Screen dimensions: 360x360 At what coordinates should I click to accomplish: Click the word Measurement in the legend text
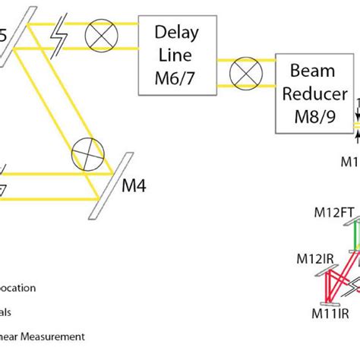[x=58, y=336]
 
